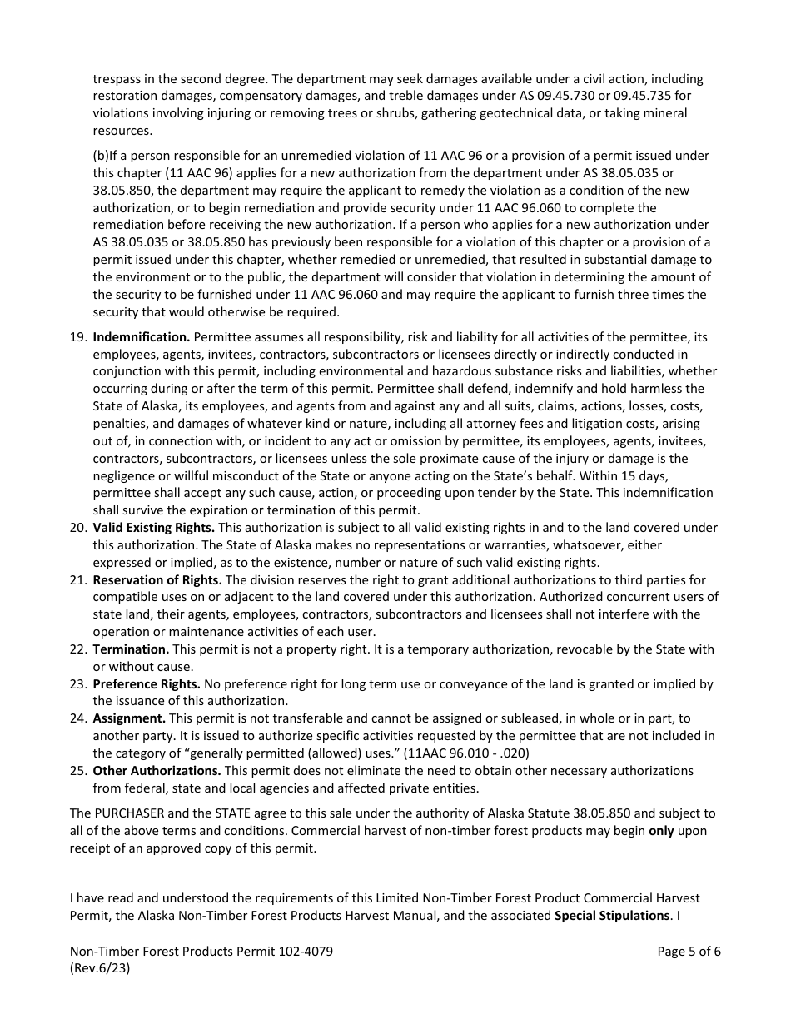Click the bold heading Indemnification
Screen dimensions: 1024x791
142,336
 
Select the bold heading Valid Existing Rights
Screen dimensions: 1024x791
153,527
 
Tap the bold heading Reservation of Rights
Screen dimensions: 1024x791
157,579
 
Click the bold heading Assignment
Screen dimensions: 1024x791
129,718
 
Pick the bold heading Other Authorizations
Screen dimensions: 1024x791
157,770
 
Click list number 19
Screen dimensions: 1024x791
77,336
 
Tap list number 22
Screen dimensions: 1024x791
77,649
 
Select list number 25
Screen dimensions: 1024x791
77,770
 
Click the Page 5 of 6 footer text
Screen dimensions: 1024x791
689,952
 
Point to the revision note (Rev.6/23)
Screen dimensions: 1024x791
100,968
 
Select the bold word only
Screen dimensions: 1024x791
661,830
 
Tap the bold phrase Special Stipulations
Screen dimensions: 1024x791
612,915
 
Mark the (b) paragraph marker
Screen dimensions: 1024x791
101,156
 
